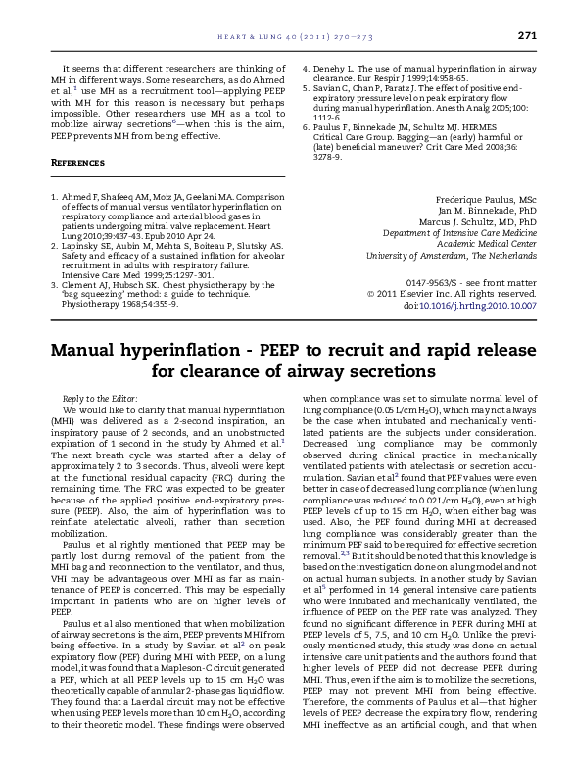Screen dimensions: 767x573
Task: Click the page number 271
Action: click(x=528, y=36)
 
